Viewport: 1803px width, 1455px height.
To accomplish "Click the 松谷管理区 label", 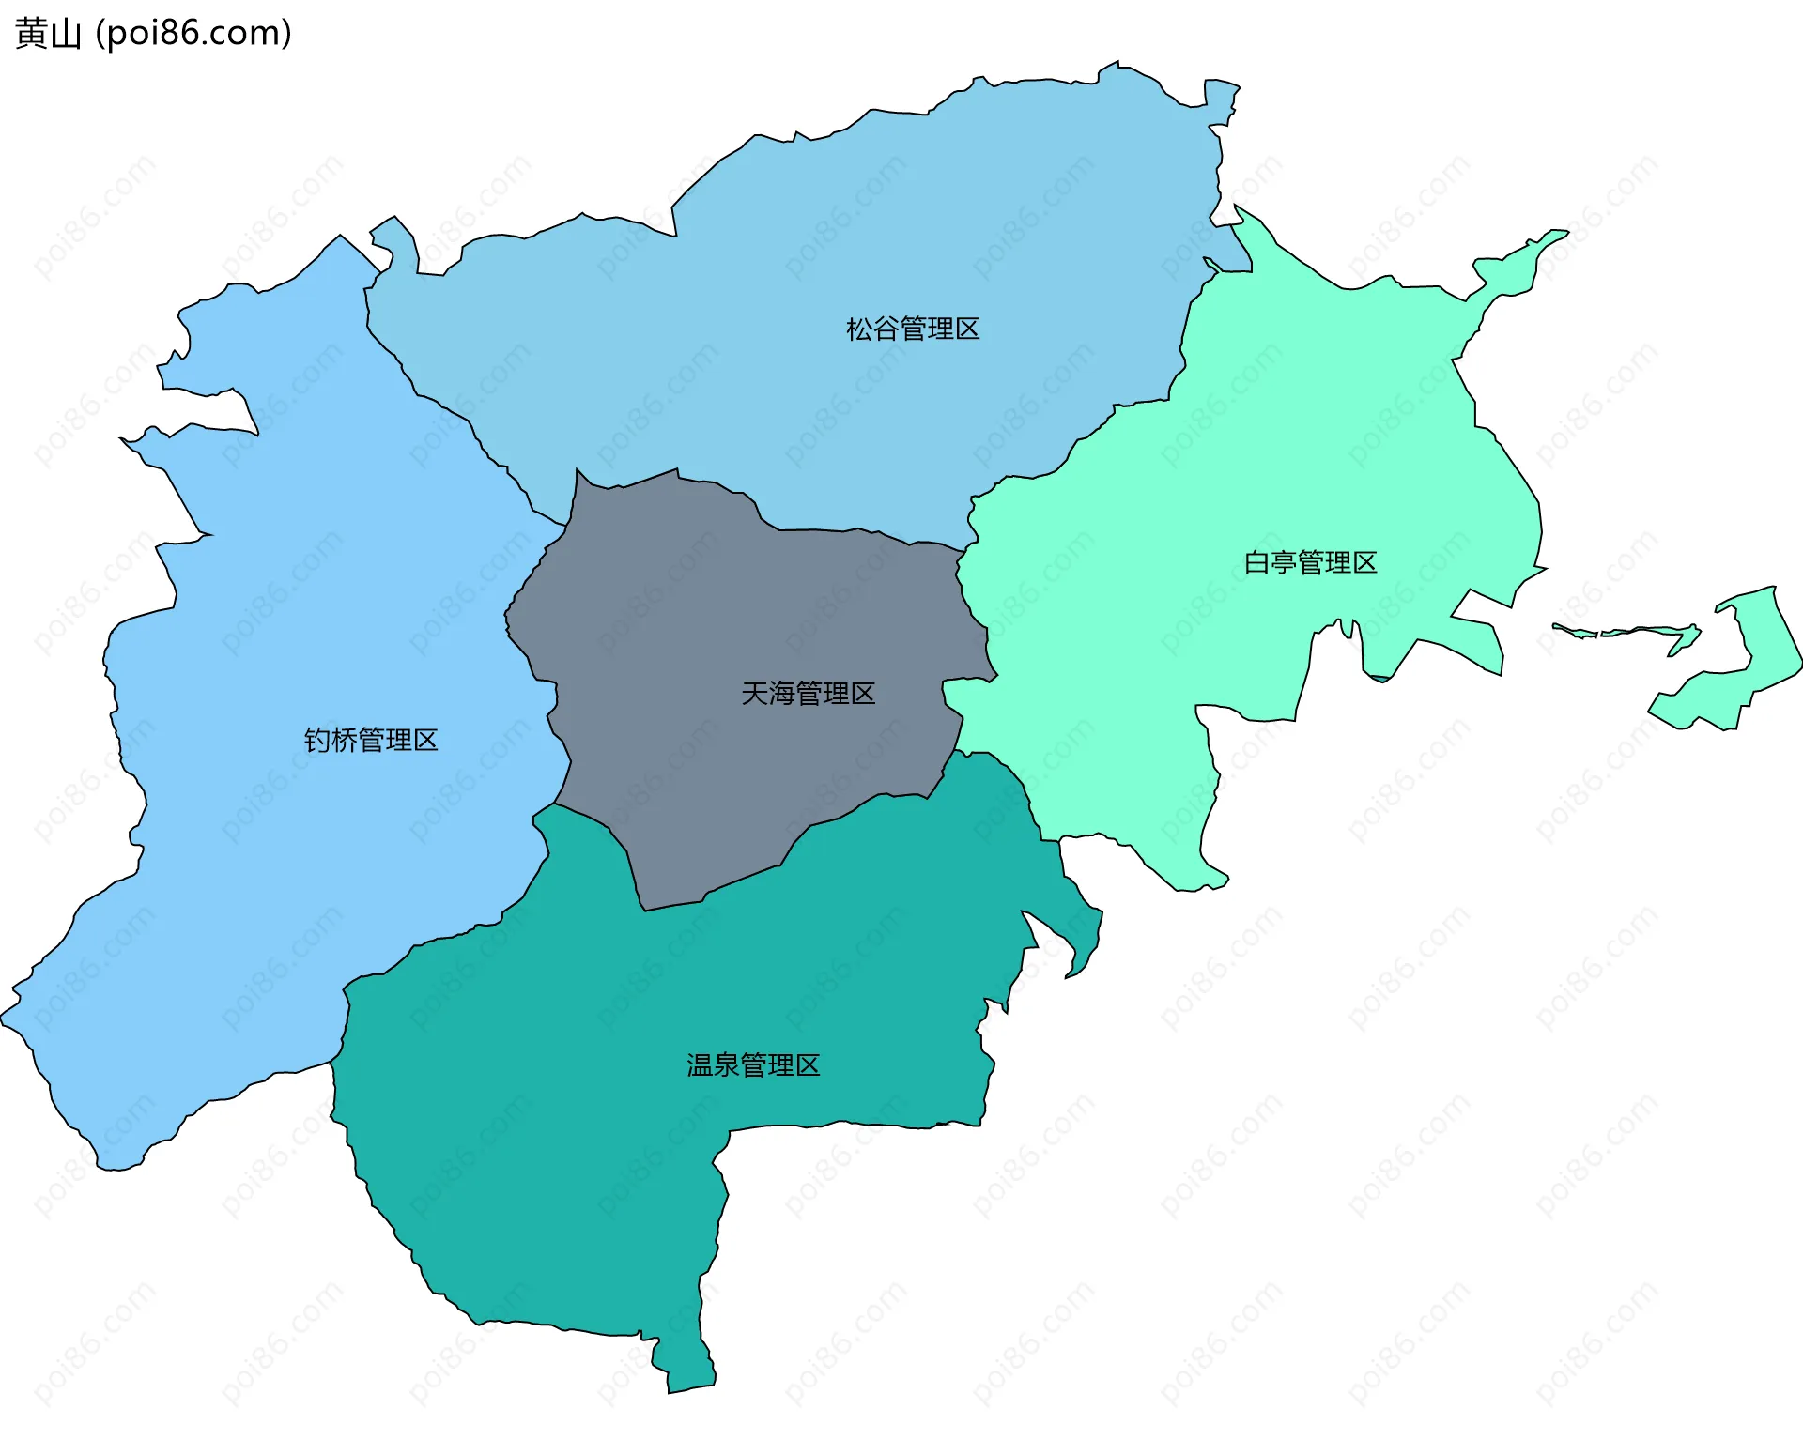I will click(x=912, y=329).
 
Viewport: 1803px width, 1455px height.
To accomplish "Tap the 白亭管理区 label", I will click(x=1310, y=563).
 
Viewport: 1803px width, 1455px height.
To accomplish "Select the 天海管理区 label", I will click(x=808, y=694).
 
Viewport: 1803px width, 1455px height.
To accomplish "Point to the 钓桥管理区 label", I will click(x=371, y=741).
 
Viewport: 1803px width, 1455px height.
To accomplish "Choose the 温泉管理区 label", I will click(x=753, y=1065).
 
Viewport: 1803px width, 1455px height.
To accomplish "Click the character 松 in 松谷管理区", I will click(x=859, y=329).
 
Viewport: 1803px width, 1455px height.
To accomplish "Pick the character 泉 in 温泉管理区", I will click(x=726, y=1065).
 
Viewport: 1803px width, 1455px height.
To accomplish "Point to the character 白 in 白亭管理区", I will click(x=1256, y=563).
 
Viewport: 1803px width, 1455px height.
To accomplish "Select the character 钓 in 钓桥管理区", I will click(x=317, y=741).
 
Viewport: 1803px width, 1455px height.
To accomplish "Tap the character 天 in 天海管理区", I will click(x=755, y=694).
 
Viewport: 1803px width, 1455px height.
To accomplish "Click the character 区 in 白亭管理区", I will click(x=1364, y=563).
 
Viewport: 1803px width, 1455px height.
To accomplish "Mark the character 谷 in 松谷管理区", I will click(x=886, y=329).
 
